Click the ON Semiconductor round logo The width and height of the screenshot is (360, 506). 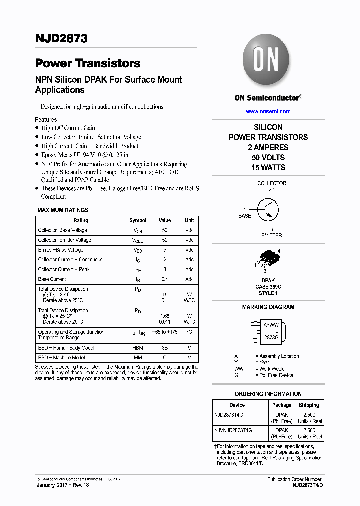click(x=266, y=61)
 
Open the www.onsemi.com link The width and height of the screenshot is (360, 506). click(x=268, y=111)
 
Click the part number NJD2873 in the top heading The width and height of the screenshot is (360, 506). click(x=54, y=38)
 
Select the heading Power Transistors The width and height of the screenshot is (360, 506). click(x=87, y=63)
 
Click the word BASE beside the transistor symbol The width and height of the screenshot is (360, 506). click(x=245, y=216)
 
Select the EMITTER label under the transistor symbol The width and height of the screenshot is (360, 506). click(x=271, y=235)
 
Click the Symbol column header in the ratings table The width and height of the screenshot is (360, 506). click(x=138, y=220)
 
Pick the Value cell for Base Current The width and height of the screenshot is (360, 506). click(x=164, y=279)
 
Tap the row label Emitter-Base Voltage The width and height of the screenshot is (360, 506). click(x=61, y=250)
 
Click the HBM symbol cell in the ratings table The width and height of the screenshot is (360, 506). click(x=138, y=348)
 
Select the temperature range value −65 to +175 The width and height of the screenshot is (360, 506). click(x=164, y=332)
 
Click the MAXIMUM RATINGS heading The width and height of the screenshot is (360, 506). click(x=63, y=210)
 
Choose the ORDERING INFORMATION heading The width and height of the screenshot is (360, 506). click(x=268, y=394)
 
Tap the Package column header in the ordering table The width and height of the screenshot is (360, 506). click(x=282, y=405)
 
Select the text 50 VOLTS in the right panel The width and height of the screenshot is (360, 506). click(x=268, y=157)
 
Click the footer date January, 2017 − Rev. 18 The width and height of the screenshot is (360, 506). click(x=60, y=485)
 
